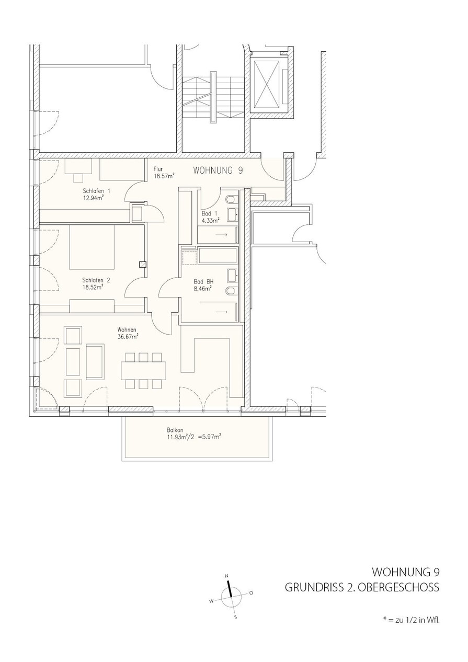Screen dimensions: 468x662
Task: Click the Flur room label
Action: [158, 169]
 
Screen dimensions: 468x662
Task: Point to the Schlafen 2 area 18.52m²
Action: [93, 287]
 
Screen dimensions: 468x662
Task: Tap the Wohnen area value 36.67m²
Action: [128, 336]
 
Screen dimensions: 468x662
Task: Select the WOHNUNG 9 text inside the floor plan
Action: [218, 170]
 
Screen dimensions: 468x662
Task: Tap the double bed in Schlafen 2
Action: [92, 247]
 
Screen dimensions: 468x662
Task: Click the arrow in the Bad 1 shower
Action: [221, 235]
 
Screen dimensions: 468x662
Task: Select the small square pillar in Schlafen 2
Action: [143, 265]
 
